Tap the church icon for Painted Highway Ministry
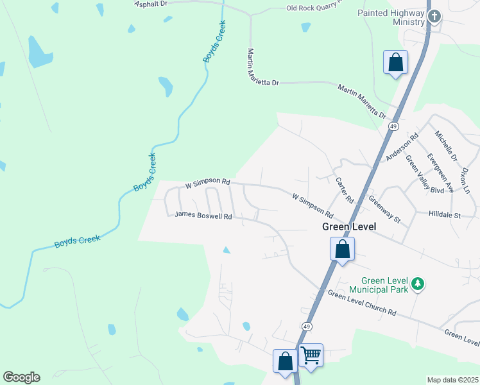[434, 17]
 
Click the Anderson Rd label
[402, 147]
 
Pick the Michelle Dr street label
[445, 146]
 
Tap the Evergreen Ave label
[441, 173]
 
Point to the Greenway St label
[384, 209]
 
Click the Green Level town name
[348, 227]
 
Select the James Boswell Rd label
[203, 216]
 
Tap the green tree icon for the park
[418, 283]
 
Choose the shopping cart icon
[311, 354]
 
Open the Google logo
[21, 377]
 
